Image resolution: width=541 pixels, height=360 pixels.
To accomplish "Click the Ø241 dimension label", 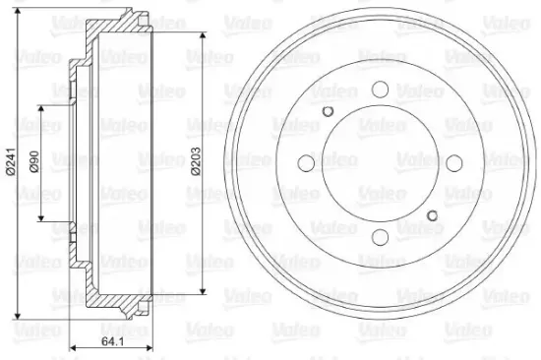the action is (x=11, y=162).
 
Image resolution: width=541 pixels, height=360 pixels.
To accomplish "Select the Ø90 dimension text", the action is (x=34, y=161).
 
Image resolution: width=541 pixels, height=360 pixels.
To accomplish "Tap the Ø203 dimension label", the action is (x=196, y=161).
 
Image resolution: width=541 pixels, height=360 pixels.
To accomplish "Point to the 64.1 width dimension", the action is (x=112, y=341).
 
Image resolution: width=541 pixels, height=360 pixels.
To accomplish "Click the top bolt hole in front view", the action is (x=380, y=90).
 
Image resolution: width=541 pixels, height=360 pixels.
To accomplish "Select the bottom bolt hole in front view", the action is (x=380, y=237).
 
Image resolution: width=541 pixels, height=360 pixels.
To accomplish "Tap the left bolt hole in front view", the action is (x=306, y=163).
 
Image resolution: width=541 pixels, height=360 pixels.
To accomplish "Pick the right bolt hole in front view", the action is (x=454, y=163).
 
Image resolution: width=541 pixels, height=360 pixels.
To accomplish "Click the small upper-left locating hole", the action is (x=328, y=111).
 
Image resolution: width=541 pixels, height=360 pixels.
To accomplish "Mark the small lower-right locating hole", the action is (x=432, y=215).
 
